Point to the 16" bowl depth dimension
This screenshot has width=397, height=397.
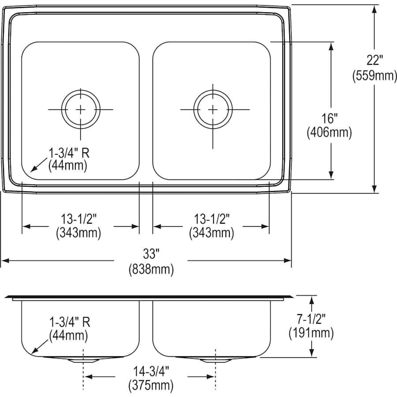(329, 118)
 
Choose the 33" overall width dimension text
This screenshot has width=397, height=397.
(150, 254)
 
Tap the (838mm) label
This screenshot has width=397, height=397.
(150, 269)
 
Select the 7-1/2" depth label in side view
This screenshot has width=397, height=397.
(311, 318)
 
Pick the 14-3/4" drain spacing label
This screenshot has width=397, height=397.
(150, 370)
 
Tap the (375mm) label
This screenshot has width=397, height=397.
(150, 385)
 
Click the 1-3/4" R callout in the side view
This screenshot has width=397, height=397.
(69, 322)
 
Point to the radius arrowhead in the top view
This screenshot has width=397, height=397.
(31, 169)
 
